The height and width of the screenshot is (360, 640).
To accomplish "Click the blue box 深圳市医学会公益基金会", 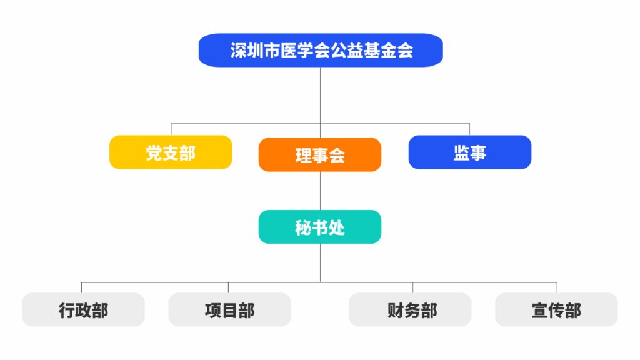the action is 321,50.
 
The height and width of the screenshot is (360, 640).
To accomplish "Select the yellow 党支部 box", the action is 171,152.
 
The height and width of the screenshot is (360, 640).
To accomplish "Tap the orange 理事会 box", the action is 320,155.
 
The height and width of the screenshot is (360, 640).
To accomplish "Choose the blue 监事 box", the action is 470,152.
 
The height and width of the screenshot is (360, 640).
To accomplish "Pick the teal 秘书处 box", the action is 320,227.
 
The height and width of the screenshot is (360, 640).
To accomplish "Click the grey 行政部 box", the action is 83,309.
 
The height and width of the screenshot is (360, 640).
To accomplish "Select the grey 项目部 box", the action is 230,309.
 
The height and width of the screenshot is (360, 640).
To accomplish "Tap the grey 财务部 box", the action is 410,309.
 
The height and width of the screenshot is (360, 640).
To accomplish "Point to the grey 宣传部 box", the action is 556,309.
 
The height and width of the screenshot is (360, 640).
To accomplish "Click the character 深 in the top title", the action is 239,51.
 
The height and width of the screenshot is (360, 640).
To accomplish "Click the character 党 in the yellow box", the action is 154,153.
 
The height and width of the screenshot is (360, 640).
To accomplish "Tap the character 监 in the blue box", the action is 462,153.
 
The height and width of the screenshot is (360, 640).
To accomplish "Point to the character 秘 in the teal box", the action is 303,227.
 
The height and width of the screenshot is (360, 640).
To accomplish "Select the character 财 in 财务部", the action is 396,311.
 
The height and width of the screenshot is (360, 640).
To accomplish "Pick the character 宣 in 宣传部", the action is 540,311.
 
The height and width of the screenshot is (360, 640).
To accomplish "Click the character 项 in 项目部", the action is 213,311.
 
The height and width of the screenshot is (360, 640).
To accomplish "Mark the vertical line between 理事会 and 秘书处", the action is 321,191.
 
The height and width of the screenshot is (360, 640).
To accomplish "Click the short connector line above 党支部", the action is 171,129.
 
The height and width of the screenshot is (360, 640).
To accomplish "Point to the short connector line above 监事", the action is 470,129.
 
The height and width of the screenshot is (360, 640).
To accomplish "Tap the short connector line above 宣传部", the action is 557,287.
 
